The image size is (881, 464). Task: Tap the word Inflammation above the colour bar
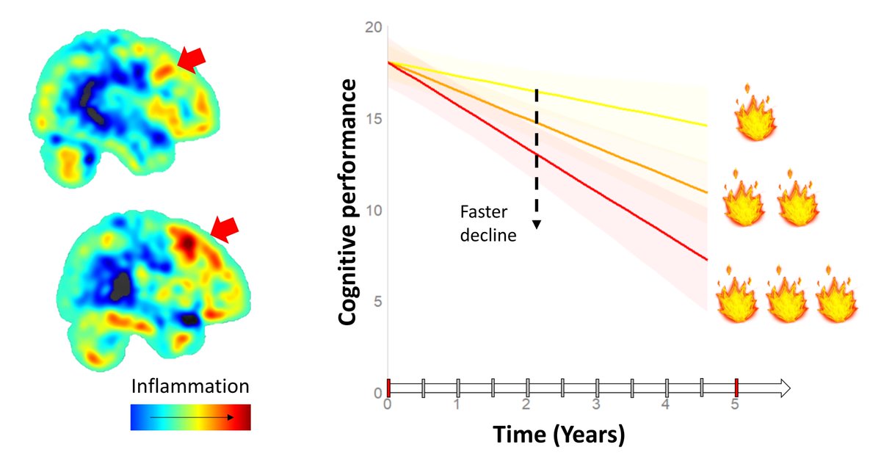[190, 386]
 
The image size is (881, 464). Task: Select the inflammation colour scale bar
[190, 416]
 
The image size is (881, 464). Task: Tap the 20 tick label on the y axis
[374, 28]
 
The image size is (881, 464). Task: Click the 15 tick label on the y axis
[374, 119]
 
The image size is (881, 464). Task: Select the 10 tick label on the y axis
[374, 211]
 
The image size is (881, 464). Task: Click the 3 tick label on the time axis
[597, 405]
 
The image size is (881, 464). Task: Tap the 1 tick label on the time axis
[457, 405]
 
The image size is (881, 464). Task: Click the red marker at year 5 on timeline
[736, 388]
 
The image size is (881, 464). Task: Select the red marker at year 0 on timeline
[388, 388]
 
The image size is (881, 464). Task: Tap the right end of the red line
[706, 259]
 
